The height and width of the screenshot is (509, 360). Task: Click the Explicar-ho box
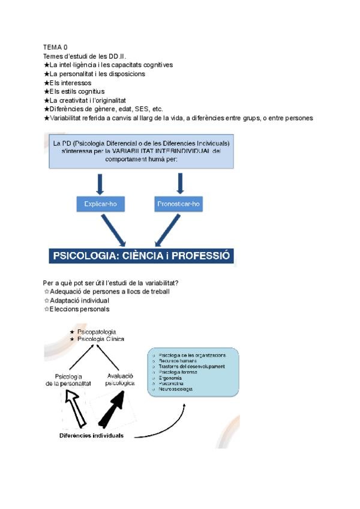pyautogui.click(x=101, y=204)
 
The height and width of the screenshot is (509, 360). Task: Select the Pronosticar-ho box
pyautogui.click(x=179, y=204)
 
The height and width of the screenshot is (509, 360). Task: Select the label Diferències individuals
pyautogui.click(x=91, y=436)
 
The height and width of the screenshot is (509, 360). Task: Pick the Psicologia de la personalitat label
pyautogui.click(x=68, y=379)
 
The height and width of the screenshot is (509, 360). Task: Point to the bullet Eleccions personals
pyautogui.click(x=79, y=309)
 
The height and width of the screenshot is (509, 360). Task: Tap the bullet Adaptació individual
pyautogui.click(x=79, y=300)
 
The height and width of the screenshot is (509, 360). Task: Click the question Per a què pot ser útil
pyautogui.click(x=113, y=283)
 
